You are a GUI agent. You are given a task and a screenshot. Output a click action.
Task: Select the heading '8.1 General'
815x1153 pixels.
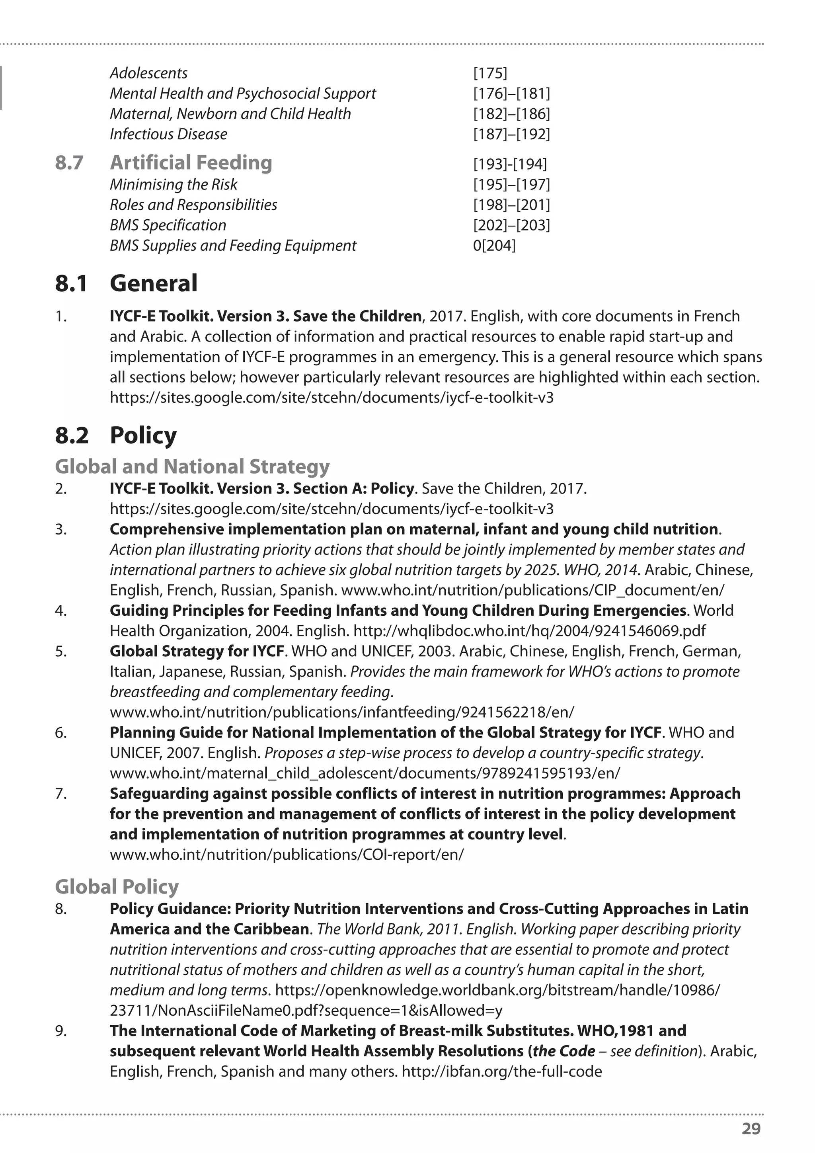click(126, 283)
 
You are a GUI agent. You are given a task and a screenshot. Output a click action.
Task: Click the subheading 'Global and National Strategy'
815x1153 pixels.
click(192, 466)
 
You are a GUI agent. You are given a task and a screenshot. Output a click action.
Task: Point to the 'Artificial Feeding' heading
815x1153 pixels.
click(191, 163)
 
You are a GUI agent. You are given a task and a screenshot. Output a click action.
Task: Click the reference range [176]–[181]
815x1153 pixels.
click(511, 94)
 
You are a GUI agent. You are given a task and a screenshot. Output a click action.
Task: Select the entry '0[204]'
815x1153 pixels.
click(494, 246)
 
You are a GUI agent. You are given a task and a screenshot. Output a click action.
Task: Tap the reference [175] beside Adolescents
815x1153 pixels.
click(490, 73)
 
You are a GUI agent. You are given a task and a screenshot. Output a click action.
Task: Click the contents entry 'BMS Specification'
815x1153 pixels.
click(168, 225)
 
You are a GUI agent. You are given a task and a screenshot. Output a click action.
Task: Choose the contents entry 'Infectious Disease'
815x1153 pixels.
click(168, 134)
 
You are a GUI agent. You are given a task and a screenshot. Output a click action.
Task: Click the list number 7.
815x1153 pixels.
click(61, 794)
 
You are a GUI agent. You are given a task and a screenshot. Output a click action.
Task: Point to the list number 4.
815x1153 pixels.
click(61, 611)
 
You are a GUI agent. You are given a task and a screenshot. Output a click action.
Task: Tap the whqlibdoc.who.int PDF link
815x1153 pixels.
click(529, 631)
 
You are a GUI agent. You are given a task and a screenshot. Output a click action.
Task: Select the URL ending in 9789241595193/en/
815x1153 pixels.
click(365, 773)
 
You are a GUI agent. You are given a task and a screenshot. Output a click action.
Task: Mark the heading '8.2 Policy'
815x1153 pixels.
click(116, 435)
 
